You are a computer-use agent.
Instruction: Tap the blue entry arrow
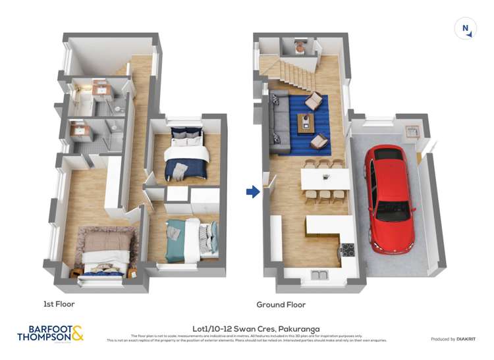click(252, 192)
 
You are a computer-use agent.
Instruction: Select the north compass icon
click(466, 28)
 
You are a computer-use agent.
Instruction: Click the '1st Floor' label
click(59, 304)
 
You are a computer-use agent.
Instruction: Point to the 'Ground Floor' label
click(281, 305)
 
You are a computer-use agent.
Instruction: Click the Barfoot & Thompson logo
click(50, 333)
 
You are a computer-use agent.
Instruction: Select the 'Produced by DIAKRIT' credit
click(453, 339)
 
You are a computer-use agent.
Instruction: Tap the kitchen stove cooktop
click(347, 249)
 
